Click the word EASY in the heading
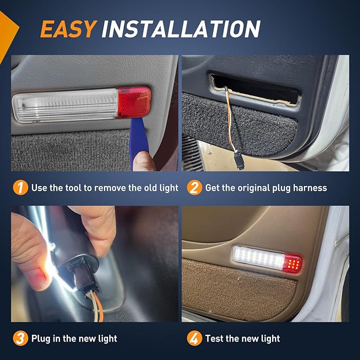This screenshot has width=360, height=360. [68, 29]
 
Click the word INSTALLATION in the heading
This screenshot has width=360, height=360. [181, 29]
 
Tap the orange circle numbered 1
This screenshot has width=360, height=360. [21, 188]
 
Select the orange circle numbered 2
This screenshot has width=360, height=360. [195, 188]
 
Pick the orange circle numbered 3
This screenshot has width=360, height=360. [21, 338]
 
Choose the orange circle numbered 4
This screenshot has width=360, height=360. [195, 338]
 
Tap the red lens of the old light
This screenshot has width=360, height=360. [134, 102]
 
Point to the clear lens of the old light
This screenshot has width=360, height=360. [65, 106]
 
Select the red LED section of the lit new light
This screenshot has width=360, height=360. [293, 264]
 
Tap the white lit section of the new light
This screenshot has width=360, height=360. [259, 258]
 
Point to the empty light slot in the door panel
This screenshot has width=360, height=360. [255, 89]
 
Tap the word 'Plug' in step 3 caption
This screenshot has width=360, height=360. [41, 339]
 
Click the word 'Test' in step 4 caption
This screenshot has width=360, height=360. [214, 338]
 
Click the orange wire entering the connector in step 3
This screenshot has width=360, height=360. [99, 306]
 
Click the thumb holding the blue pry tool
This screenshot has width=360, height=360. [144, 161]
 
